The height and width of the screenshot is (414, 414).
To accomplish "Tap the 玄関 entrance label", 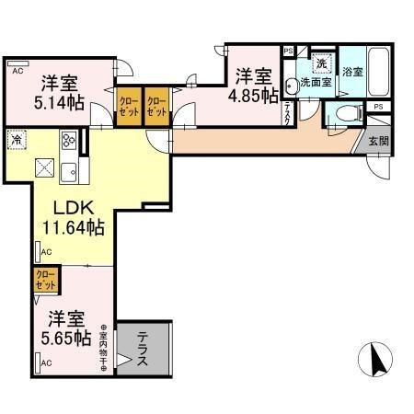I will point(378,142).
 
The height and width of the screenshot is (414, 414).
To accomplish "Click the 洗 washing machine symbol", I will point(321,63).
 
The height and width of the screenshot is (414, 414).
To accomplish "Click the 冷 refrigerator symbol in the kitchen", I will point(17,139).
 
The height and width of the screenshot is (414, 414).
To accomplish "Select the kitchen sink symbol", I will point(70,171).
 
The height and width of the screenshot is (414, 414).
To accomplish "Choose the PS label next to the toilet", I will point(378,108).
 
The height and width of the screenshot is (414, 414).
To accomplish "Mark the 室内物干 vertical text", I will point(104,348).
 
